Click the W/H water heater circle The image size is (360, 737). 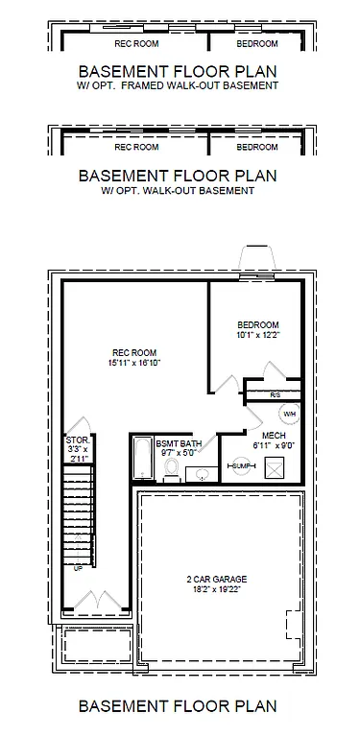point(288,413)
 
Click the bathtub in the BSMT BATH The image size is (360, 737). point(140,460)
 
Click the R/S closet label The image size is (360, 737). point(275,394)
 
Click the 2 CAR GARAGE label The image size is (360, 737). point(216,579)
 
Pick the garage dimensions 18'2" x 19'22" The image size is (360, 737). point(216,590)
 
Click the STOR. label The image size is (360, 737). point(78,440)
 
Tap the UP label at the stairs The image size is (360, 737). point(78,568)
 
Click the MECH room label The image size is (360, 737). point(260,435)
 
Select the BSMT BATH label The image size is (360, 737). point(180,445)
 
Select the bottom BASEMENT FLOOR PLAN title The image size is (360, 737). point(178,706)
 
